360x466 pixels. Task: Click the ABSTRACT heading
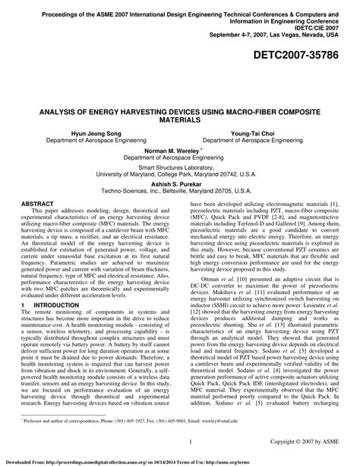click(x=37, y=204)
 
